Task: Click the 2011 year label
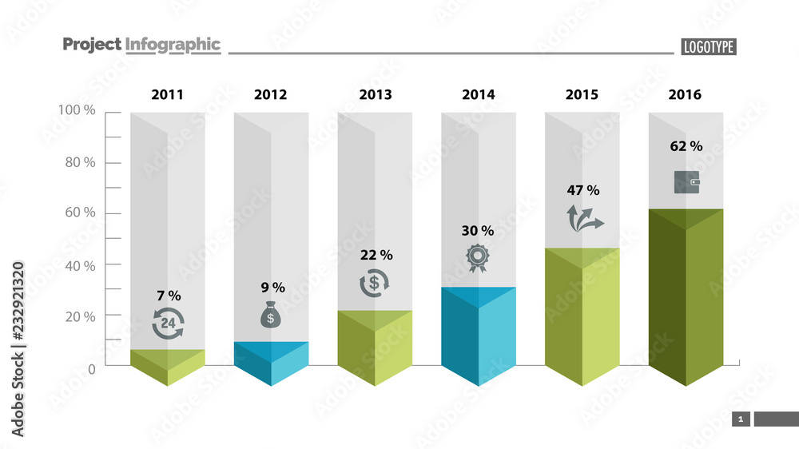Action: [x=167, y=94]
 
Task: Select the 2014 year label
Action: [x=478, y=94]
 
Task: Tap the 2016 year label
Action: [x=685, y=94]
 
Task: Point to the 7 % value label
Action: [x=168, y=296]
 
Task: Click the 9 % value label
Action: [x=272, y=287]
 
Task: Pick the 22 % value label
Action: [x=376, y=255]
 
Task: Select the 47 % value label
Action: [x=582, y=190]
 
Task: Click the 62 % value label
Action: [x=686, y=146]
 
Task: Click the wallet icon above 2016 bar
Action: [x=686, y=182]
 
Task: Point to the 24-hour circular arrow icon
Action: [x=168, y=323]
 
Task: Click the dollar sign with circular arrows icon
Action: [x=374, y=284]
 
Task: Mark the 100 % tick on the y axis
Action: [x=78, y=110]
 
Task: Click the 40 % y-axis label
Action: [x=78, y=265]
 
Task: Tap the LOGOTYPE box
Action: [x=708, y=47]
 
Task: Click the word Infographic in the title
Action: [x=173, y=45]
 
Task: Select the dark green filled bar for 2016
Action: [x=686, y=296]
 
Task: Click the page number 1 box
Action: [x=741, y=419]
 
